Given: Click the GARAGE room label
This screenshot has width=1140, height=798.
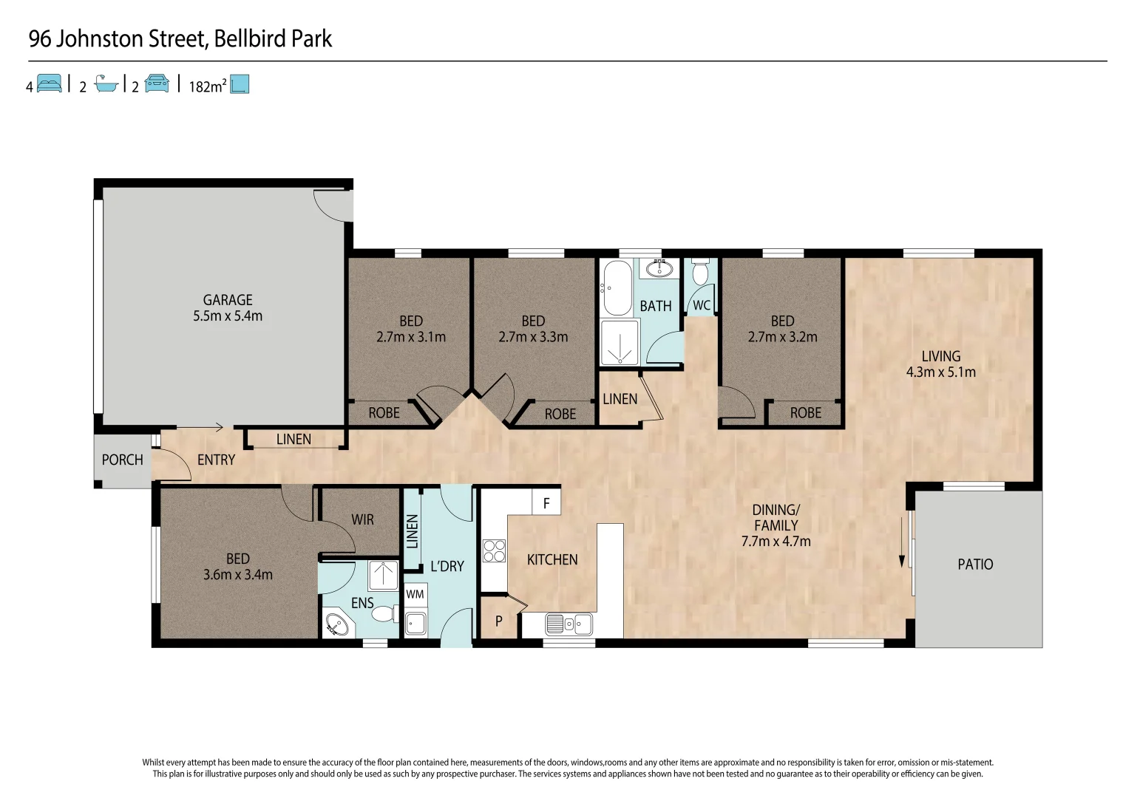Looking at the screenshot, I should tap(228, 300).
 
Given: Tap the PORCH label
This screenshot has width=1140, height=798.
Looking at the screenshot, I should tap(122, 460).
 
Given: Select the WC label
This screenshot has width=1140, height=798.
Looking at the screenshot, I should tap(701, 305).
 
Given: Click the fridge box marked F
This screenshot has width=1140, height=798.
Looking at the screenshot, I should tap(546, 503).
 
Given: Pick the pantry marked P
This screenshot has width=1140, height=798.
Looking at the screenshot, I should tap(499, 621).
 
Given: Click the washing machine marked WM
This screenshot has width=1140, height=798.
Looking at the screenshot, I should tap(415, 594).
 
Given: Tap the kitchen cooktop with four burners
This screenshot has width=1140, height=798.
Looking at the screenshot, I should tap(494, 550).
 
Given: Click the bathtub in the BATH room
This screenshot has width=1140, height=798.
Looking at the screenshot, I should tap(617, 288).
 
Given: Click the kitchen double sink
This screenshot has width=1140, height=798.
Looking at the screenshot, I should tap(569, 624).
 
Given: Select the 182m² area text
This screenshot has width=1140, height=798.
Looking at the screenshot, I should tap(207, 86).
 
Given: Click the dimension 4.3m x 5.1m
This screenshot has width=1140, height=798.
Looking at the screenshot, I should tap(940, 372).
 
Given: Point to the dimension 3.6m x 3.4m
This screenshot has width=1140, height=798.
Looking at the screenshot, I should tap(237, 575).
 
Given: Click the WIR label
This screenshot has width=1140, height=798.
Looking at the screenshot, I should tap(362, 519).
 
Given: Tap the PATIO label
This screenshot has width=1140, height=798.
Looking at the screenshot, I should tap(974, 565).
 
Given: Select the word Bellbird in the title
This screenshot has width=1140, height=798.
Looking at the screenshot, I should tap(251, 38).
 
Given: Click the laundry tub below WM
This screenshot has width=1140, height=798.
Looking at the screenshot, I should tap(415, 623).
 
